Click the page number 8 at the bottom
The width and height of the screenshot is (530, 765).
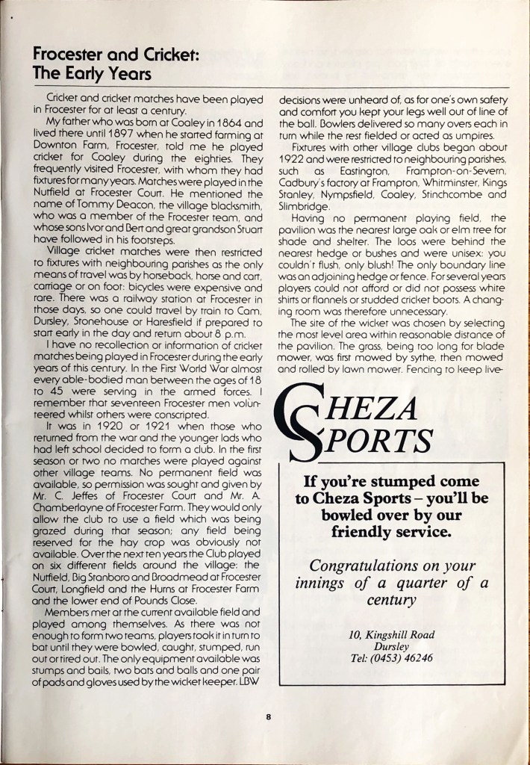coord(267,719)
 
